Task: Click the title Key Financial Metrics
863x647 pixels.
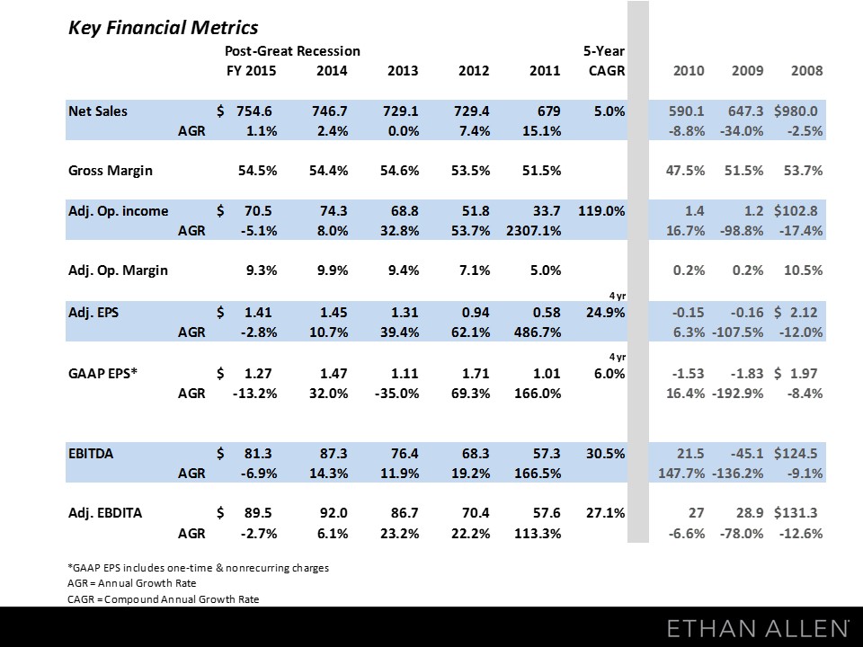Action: pos(163,27)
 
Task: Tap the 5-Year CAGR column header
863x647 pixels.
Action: pos(604,61)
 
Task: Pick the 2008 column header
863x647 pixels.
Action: pos(805,71)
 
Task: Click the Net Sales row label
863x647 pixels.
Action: pos(98,111)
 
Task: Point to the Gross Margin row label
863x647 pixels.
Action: pos(111,170)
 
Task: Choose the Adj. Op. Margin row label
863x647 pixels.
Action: pos(118,270)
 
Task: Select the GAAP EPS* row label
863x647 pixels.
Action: pos(103,373)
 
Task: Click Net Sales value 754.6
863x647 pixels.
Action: pos(253,111)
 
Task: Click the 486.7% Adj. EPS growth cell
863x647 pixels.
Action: pos(538,331)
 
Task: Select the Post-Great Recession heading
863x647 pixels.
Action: pos(292,51)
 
